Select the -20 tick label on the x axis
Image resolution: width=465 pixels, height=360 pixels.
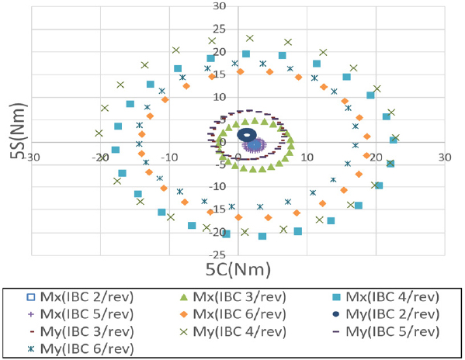(100, 157)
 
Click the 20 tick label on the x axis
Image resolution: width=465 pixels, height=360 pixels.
(375, 157)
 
